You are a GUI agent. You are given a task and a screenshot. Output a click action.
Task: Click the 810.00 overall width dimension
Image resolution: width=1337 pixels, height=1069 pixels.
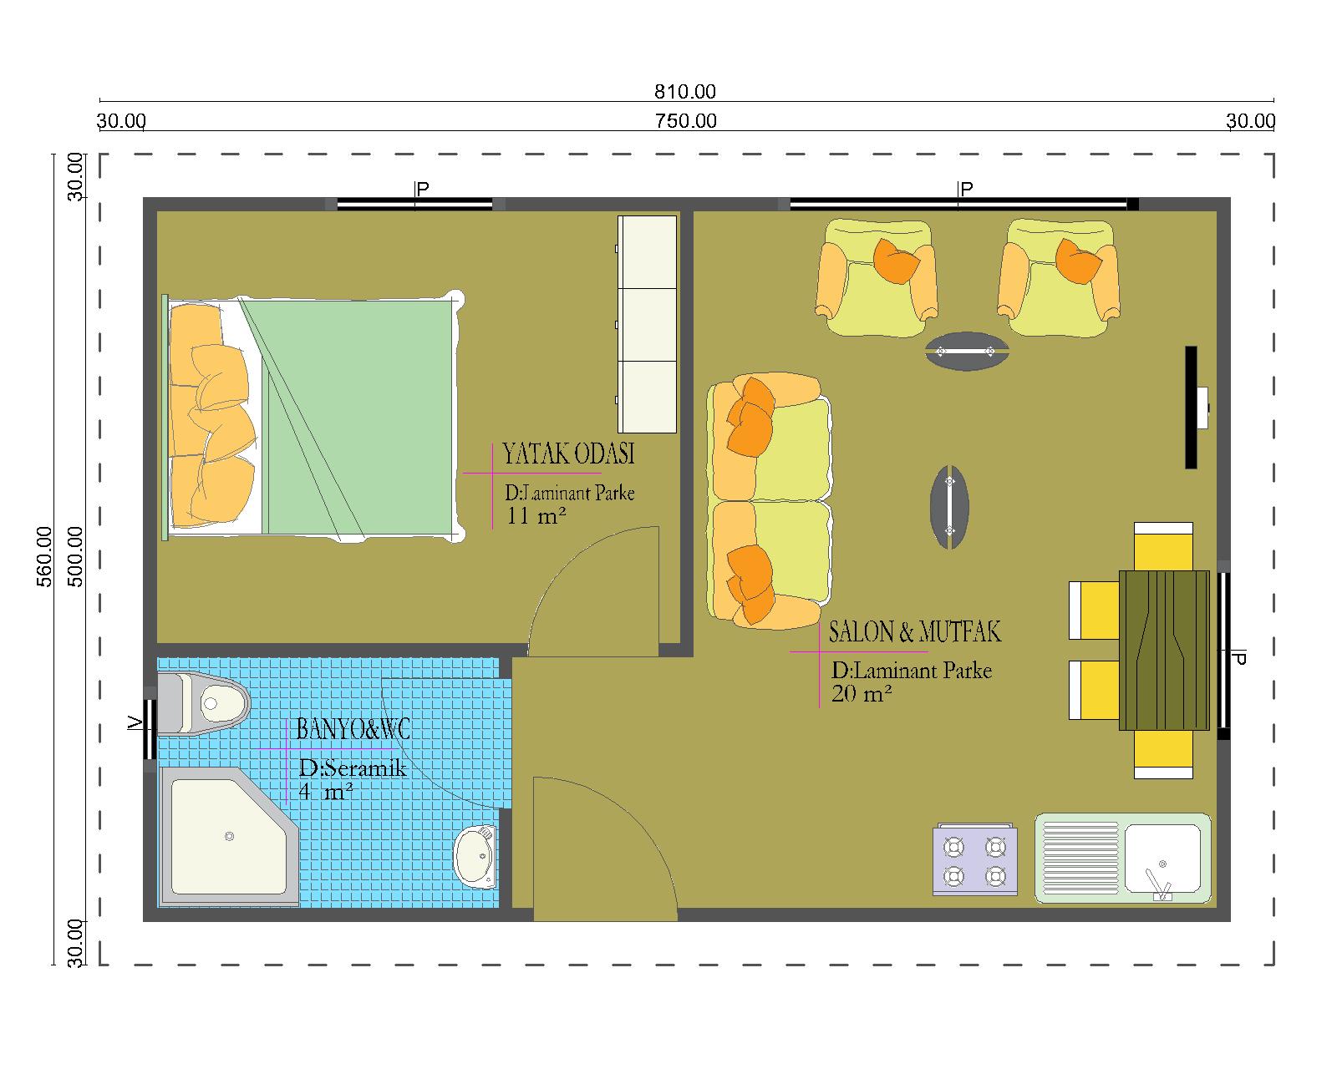[684, 92]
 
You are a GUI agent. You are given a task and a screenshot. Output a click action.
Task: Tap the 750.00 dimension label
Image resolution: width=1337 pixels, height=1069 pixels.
[685, 121]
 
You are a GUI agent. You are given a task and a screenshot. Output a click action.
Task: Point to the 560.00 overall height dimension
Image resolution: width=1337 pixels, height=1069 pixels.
[44, 556]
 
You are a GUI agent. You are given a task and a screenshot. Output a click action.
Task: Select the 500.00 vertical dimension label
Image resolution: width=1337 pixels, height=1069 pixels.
[74, 556]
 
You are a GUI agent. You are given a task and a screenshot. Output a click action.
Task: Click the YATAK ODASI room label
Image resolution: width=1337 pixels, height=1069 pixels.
[568, 453]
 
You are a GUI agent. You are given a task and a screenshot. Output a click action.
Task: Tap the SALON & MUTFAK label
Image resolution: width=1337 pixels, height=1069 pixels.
[914, 631]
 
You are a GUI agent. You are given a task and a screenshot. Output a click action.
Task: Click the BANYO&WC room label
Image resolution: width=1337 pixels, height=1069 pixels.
[353, 728]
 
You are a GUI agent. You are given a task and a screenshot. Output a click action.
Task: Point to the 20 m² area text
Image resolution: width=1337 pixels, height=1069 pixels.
[862, 693]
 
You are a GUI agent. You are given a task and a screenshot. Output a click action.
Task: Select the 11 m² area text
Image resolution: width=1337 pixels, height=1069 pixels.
[536, 515]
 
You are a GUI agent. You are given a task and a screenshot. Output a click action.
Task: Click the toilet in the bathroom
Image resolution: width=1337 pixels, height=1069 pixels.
[203, 704]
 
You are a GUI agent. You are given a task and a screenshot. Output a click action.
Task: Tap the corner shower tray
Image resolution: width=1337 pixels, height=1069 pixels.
[229, 837]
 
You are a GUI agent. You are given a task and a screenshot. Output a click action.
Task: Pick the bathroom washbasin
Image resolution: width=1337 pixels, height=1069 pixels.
[476, 857]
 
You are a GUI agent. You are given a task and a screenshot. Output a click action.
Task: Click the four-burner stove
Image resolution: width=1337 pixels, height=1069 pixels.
[975, 859]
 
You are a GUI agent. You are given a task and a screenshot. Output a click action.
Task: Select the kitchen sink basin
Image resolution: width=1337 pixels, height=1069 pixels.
[1162, 858]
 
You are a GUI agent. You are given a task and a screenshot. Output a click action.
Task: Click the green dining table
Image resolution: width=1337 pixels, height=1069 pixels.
[1164, 651]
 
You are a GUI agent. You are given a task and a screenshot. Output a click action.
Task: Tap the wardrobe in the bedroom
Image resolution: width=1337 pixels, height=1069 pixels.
[647, 324]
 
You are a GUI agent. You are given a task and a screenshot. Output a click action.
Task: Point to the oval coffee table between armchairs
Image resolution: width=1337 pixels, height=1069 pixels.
[966, 352]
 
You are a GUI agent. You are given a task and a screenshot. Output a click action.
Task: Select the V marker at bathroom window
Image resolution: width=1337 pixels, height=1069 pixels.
[135, 722]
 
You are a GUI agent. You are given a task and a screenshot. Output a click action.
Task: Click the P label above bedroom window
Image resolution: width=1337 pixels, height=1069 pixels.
[423, 189]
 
